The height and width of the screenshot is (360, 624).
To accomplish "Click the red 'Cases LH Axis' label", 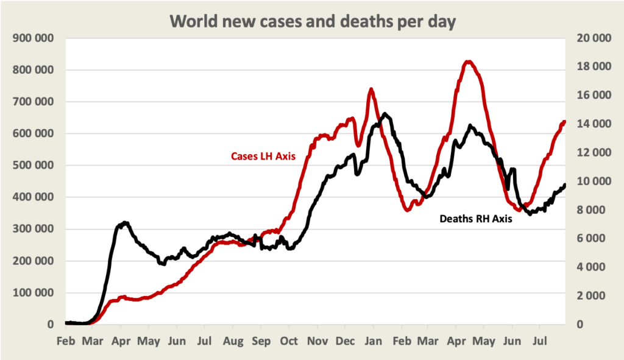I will (x=263, y=156).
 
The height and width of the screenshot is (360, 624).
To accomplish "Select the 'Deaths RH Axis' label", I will (x=475, y=219).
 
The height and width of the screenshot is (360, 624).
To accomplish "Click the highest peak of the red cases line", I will (x=468, y=62).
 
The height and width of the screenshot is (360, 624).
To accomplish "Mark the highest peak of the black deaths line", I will (x=385, y=114).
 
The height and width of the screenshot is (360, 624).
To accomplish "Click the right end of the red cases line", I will (x=564, y=122).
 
